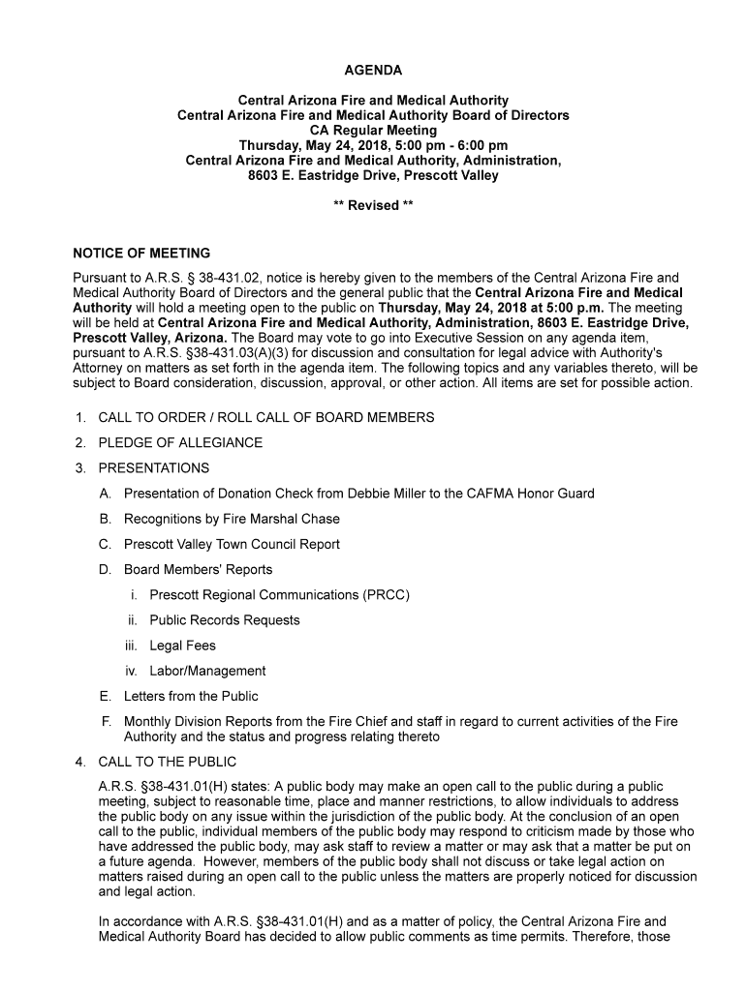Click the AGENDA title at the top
click(373, 71)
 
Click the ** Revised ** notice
click(373, 205)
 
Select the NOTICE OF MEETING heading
click(141, 254)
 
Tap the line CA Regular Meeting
click(373, 130)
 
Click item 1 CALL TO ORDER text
click(265, 418)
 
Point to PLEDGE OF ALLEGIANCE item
click(180, 443)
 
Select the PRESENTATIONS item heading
click(153, 468)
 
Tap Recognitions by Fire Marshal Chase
click(232, 519)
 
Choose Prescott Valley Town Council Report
click(232, 544)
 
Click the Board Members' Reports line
click(198, 569)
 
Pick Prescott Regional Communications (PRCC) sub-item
click(279, 595)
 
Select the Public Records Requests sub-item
click(224, 620)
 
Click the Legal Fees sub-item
click(182, 646)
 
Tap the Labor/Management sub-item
click(207, 671)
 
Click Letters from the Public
click(191, 696)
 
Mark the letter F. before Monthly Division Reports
click(105, 721)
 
